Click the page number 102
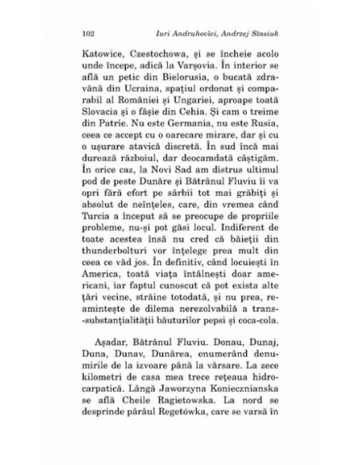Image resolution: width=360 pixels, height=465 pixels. click(x=88, y=35)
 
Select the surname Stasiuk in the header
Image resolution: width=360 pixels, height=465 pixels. click(x=258, y=35)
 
